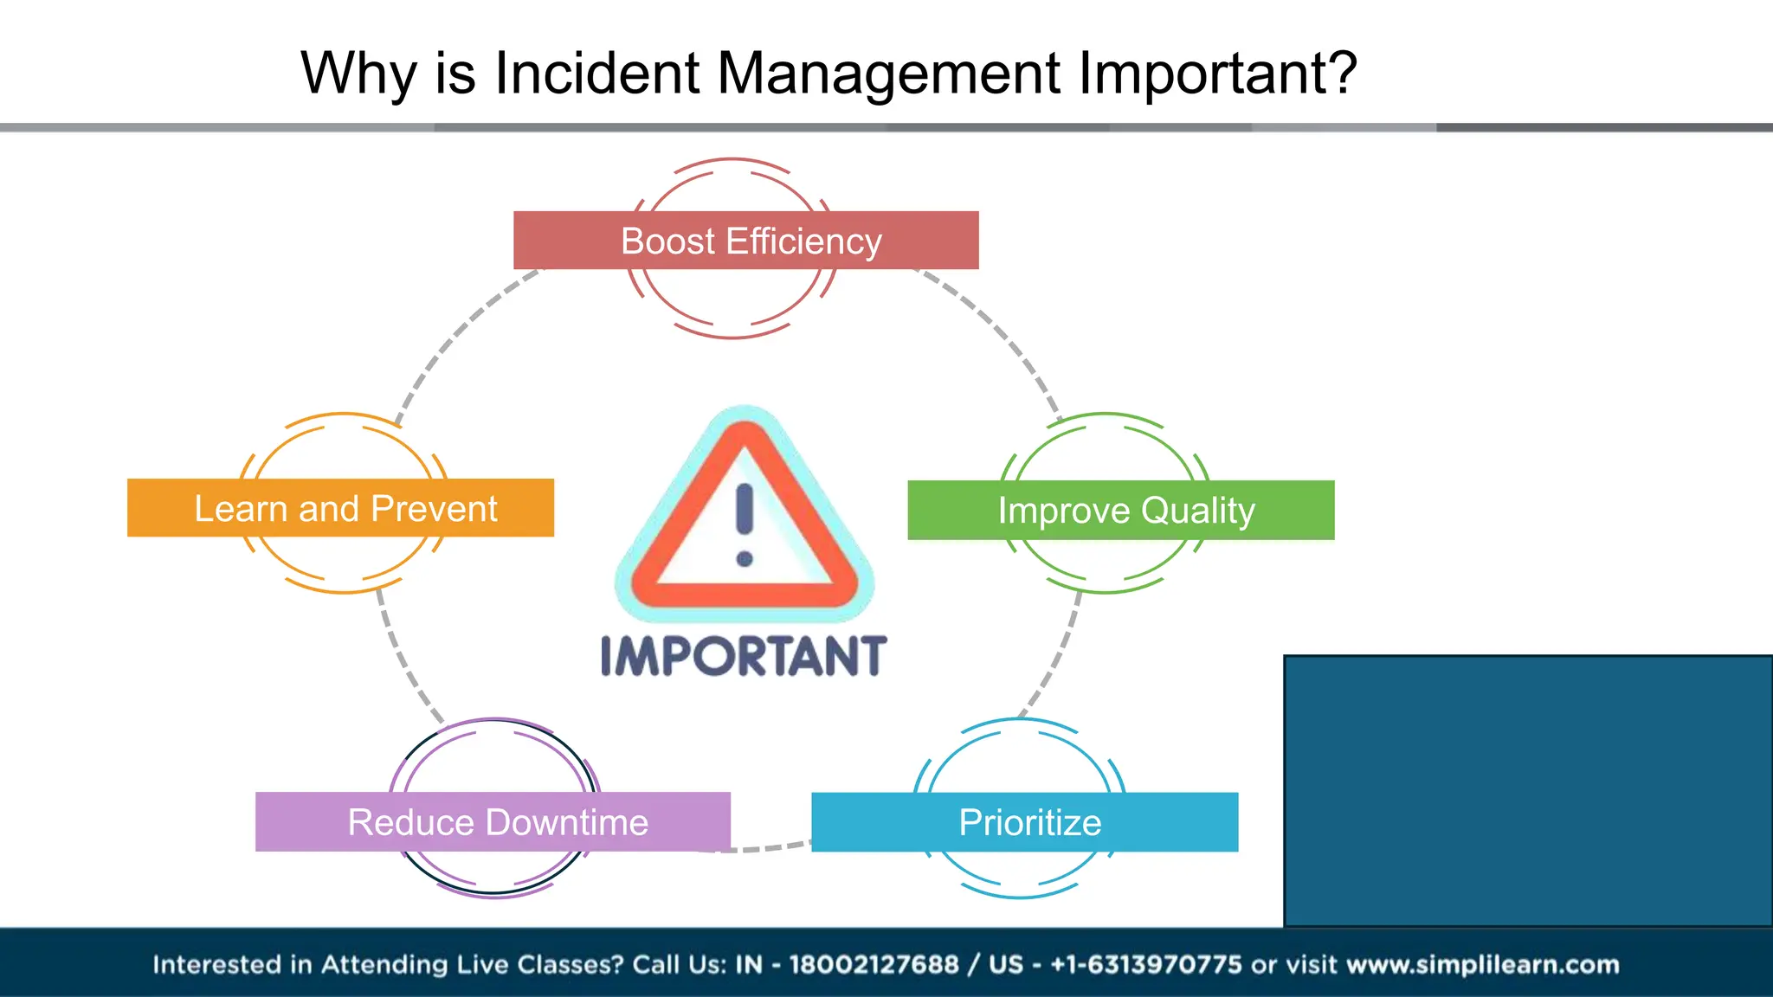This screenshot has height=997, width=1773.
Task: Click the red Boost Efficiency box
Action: coord(745,241)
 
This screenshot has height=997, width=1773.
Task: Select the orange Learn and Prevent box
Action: coord(340,508)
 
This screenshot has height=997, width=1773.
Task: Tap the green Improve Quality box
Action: coord(1120,511)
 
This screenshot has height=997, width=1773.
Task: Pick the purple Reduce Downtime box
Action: coord(493,822)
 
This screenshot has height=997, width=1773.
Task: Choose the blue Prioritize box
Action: coord(1024,822)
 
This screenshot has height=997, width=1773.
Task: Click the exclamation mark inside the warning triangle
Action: coord(745,524)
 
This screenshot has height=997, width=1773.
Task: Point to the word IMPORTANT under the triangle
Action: coord(744,657)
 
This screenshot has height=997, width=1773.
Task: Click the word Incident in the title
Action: coord(596,73)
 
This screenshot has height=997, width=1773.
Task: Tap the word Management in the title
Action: coord(888,73)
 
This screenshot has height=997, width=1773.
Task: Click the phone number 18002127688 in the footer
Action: coord(874,965)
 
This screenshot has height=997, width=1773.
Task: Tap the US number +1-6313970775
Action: coord(1146,965)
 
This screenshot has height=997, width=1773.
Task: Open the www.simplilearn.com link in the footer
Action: coord(1483,965)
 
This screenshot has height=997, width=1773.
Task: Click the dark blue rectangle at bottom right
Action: coord(1528,790)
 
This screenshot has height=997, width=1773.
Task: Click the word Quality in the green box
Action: coord(1197,511)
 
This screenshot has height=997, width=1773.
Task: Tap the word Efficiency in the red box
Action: coord(804,241)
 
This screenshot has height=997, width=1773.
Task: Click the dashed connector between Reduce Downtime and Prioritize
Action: coord(770,847)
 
